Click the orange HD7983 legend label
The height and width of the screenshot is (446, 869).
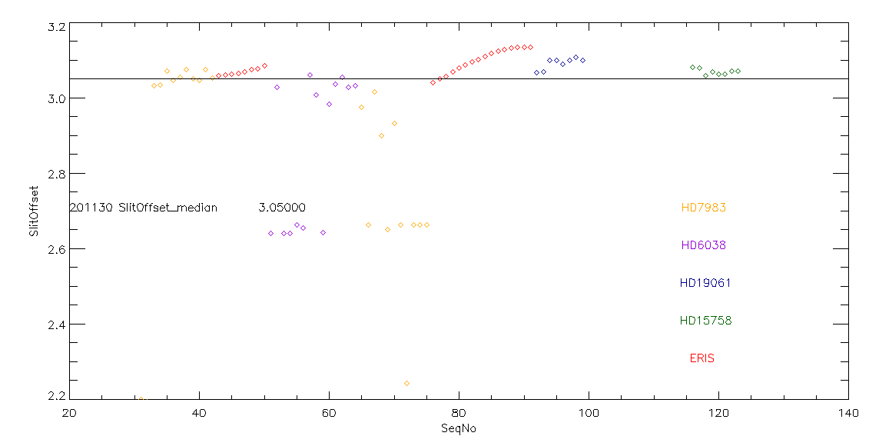703,208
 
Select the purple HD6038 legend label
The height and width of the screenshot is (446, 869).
703,245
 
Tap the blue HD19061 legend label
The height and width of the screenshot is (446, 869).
705,283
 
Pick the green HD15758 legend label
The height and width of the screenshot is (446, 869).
705,321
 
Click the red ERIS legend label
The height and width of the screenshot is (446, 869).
702,358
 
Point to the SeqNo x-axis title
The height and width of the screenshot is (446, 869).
459,428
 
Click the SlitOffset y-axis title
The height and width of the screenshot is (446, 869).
33,211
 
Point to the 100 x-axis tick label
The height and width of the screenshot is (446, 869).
589,413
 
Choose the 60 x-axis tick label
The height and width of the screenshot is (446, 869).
329,413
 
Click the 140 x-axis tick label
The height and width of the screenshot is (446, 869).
848,413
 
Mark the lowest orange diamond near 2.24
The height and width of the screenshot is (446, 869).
406,383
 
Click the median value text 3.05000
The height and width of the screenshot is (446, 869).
282,208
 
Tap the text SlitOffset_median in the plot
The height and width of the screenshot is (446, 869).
167,208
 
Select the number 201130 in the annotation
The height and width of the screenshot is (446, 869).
91,208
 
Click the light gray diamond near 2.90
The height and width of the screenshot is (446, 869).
381,135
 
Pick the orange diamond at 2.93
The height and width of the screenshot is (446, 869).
394,123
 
